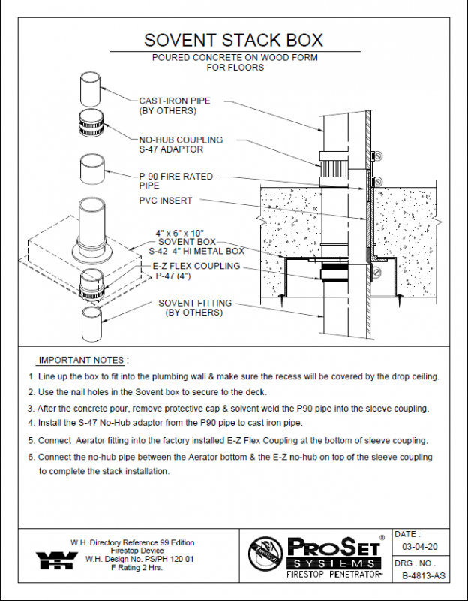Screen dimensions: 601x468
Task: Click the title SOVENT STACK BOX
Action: pos(233,40)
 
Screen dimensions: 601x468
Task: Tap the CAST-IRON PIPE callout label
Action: pos(174,106)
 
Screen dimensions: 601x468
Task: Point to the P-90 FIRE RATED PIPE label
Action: pos(175,180)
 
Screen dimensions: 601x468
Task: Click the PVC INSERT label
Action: pos(165,201)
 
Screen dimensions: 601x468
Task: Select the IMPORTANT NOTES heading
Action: pos(83,360)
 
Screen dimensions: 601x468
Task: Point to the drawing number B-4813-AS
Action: pos(422,576)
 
